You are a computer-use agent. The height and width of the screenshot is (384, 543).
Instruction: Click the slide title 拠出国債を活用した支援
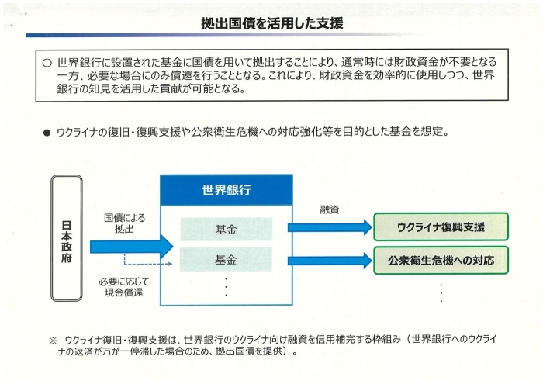point(271,23)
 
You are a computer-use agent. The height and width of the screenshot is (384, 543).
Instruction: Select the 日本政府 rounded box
point(67,238)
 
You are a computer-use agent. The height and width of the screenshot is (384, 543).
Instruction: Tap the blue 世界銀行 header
point(227,190)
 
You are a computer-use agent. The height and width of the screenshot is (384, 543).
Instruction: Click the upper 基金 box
point(227,229)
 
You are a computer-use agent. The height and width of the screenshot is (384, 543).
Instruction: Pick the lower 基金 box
point(227,259)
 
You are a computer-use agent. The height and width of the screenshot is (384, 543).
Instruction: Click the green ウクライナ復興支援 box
point(441,227)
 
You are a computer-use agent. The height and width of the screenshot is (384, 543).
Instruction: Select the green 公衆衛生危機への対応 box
point(441,260)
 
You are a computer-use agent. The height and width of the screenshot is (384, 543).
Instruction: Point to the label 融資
point(330,209)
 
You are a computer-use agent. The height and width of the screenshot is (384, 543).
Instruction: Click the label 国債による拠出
point(124,223)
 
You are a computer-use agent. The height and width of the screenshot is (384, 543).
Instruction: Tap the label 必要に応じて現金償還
point(123,287)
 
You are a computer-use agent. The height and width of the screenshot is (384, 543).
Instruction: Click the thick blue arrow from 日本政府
point(132,247)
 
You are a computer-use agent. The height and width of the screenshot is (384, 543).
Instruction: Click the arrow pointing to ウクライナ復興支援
point(330,227)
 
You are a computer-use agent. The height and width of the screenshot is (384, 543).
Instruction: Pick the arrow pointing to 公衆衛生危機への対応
point(330,261)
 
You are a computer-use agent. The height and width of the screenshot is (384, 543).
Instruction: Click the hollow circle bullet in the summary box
point(47,63)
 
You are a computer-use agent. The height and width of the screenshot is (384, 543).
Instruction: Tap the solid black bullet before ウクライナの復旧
point(47,133)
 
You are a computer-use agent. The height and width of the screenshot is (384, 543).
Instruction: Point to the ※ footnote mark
point(53,341)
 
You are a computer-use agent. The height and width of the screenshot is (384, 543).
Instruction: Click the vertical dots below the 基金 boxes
point(227,287)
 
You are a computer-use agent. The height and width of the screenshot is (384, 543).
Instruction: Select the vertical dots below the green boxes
point(441,293)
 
